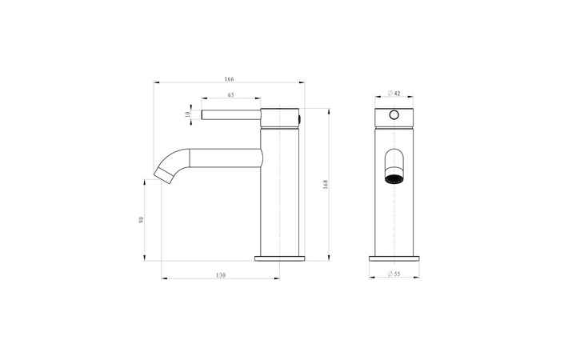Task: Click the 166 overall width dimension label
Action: (229, 79)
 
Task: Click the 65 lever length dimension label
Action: (231, 95)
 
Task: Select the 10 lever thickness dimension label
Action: (187, 114)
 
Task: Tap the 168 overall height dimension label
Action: (326, 185)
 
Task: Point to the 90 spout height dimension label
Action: (141, 220)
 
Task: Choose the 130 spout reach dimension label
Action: (221, 275)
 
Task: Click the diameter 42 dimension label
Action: (394, 94)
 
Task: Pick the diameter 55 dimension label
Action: (394, 274)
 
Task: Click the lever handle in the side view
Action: (231, 114)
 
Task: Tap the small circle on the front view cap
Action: (394, 115)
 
